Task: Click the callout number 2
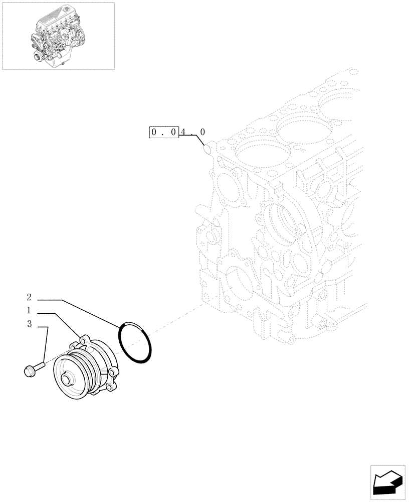[29, 297]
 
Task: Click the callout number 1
[29, 310]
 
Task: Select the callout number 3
[29, 325]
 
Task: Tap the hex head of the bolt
[28, 371]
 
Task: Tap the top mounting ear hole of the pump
[80, 343]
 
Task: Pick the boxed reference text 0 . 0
[164, 133]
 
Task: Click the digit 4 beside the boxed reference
[184, 133]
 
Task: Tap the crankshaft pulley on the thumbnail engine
[36, 56]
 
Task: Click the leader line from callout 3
[45, 346]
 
